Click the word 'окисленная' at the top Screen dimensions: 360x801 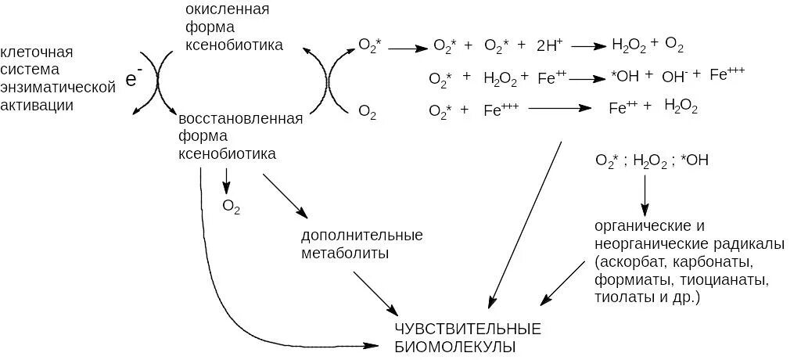coord(228,9)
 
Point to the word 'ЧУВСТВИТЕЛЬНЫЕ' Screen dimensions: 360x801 coord(468,326)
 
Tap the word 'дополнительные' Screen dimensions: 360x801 coord(361,236)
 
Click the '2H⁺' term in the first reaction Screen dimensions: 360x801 coord(549,46)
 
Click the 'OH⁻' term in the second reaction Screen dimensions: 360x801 coord(674,77)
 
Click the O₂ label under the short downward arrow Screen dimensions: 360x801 coord(232,207)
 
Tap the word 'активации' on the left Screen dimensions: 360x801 coord(37,104)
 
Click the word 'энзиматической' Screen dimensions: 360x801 coord(58,87)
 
